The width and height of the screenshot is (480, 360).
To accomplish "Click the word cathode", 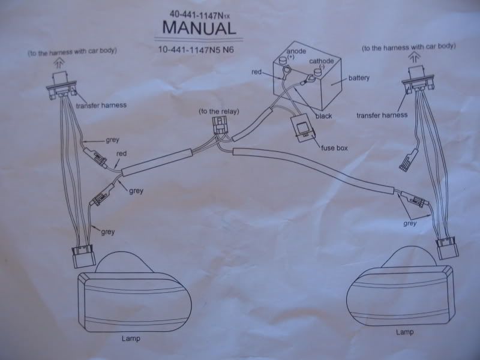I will (x=322, y=61).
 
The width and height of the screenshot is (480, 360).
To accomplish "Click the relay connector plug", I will (x=219, y=128).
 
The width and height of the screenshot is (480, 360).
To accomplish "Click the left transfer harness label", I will (x=101, y=106).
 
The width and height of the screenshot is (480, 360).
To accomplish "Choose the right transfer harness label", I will (x=381, y=115).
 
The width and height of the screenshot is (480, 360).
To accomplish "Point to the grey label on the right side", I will (x=410, y=223).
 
